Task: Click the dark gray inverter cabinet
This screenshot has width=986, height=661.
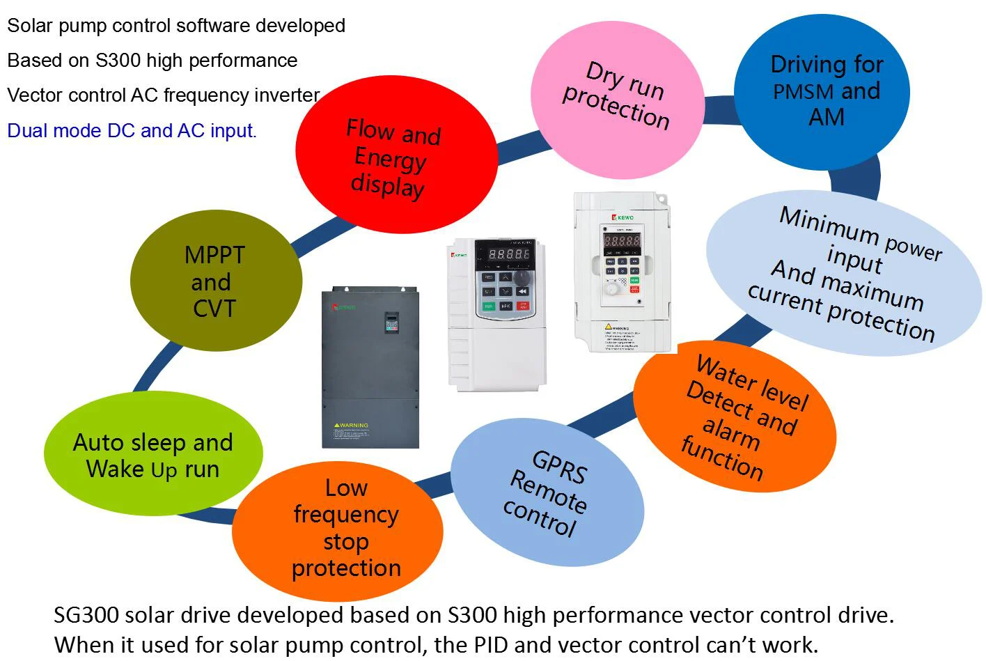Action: (x=370, y=367)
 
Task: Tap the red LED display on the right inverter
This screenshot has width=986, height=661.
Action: (x=622, y=241)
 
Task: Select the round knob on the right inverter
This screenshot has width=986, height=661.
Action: (x=611, y=288)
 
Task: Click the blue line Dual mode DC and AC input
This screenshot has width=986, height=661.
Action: (x=132, y=130)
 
